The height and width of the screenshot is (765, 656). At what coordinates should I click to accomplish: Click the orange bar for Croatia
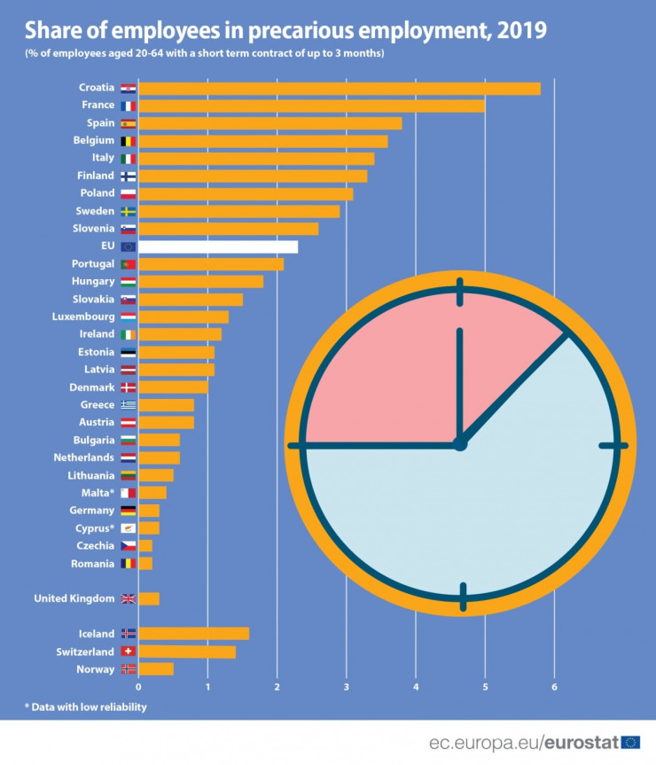click(x=340, y=88)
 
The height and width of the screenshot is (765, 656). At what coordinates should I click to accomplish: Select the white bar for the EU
click(x=218, y=246)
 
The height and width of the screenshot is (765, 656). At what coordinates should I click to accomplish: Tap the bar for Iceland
click(x=193, y=633)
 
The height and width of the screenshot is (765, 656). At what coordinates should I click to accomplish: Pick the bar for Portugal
click(x=211, y=264)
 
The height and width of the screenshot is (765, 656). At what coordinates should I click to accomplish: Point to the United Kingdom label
click(x=74, y=598)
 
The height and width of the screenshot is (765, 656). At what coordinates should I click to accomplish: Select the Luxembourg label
click(x=83, y=316)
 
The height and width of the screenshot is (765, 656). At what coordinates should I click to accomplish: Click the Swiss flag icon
click(x=128, y=652)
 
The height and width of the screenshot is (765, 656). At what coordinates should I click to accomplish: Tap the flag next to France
click(x=128, y=105)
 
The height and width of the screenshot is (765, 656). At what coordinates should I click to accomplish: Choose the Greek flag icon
click(x=128, y=405)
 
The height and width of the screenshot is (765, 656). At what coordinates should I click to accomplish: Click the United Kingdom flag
click(x=128, y=598)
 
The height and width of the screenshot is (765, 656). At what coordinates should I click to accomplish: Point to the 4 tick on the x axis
click(x=416, y=687)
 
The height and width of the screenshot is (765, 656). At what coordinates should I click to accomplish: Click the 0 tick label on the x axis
click(x=138, y=687)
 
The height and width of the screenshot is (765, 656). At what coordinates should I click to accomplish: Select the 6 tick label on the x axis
click(x=554, y=687)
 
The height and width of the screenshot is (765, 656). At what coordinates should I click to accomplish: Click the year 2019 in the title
click(x=522, y=31)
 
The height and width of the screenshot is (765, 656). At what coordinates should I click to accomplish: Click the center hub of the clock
click(x=459, y=444)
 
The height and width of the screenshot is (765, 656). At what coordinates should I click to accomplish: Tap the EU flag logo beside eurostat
click(x=631, y=742)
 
